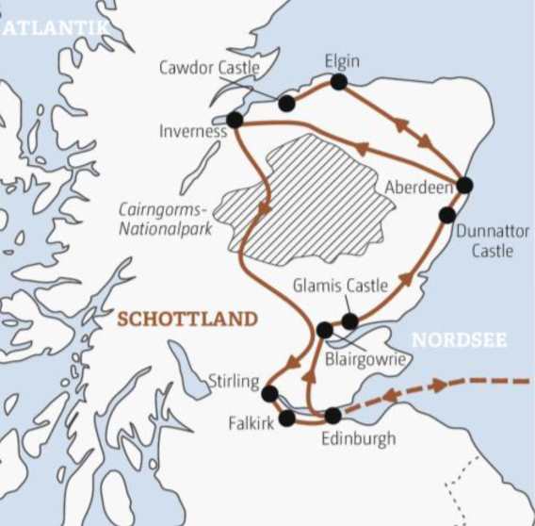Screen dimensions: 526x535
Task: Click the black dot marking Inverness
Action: point(235,121)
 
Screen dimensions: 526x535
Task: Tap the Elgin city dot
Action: point(339,82)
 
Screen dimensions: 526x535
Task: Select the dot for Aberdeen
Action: point(463,185)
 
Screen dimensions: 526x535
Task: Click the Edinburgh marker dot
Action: point(332,415)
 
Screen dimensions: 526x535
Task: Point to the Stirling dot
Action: point(269,393)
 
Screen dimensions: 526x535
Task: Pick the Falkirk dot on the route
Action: point(287,418)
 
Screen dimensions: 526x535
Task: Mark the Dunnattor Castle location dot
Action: point(446,215)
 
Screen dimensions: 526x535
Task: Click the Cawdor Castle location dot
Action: point(286,103)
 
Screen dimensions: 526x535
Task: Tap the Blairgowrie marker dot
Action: point(325,330)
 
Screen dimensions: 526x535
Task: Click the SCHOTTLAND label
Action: point(186,320)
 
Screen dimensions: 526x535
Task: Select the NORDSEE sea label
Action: point(460,340)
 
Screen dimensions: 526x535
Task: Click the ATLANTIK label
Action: point(55,29)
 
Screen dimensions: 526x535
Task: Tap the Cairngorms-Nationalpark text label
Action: point(165,219)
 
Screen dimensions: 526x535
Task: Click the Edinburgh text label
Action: point(359,438)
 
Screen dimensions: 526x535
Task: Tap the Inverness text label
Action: point(192,132)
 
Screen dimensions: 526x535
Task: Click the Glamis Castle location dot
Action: point(349,321)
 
